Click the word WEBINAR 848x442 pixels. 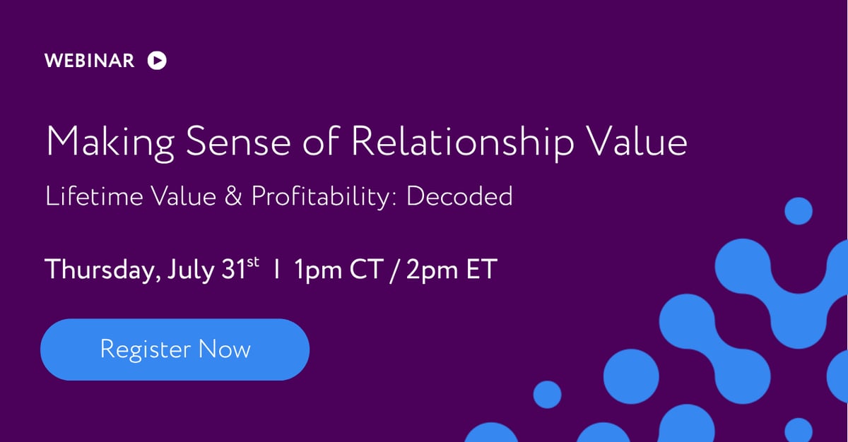click(89, 61)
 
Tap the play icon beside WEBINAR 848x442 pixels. click(157, 61)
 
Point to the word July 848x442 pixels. click(189, 270)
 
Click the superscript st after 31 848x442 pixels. click(253, 263)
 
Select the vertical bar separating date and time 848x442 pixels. click(278, 269)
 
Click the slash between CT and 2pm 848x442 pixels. click(393, 269)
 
